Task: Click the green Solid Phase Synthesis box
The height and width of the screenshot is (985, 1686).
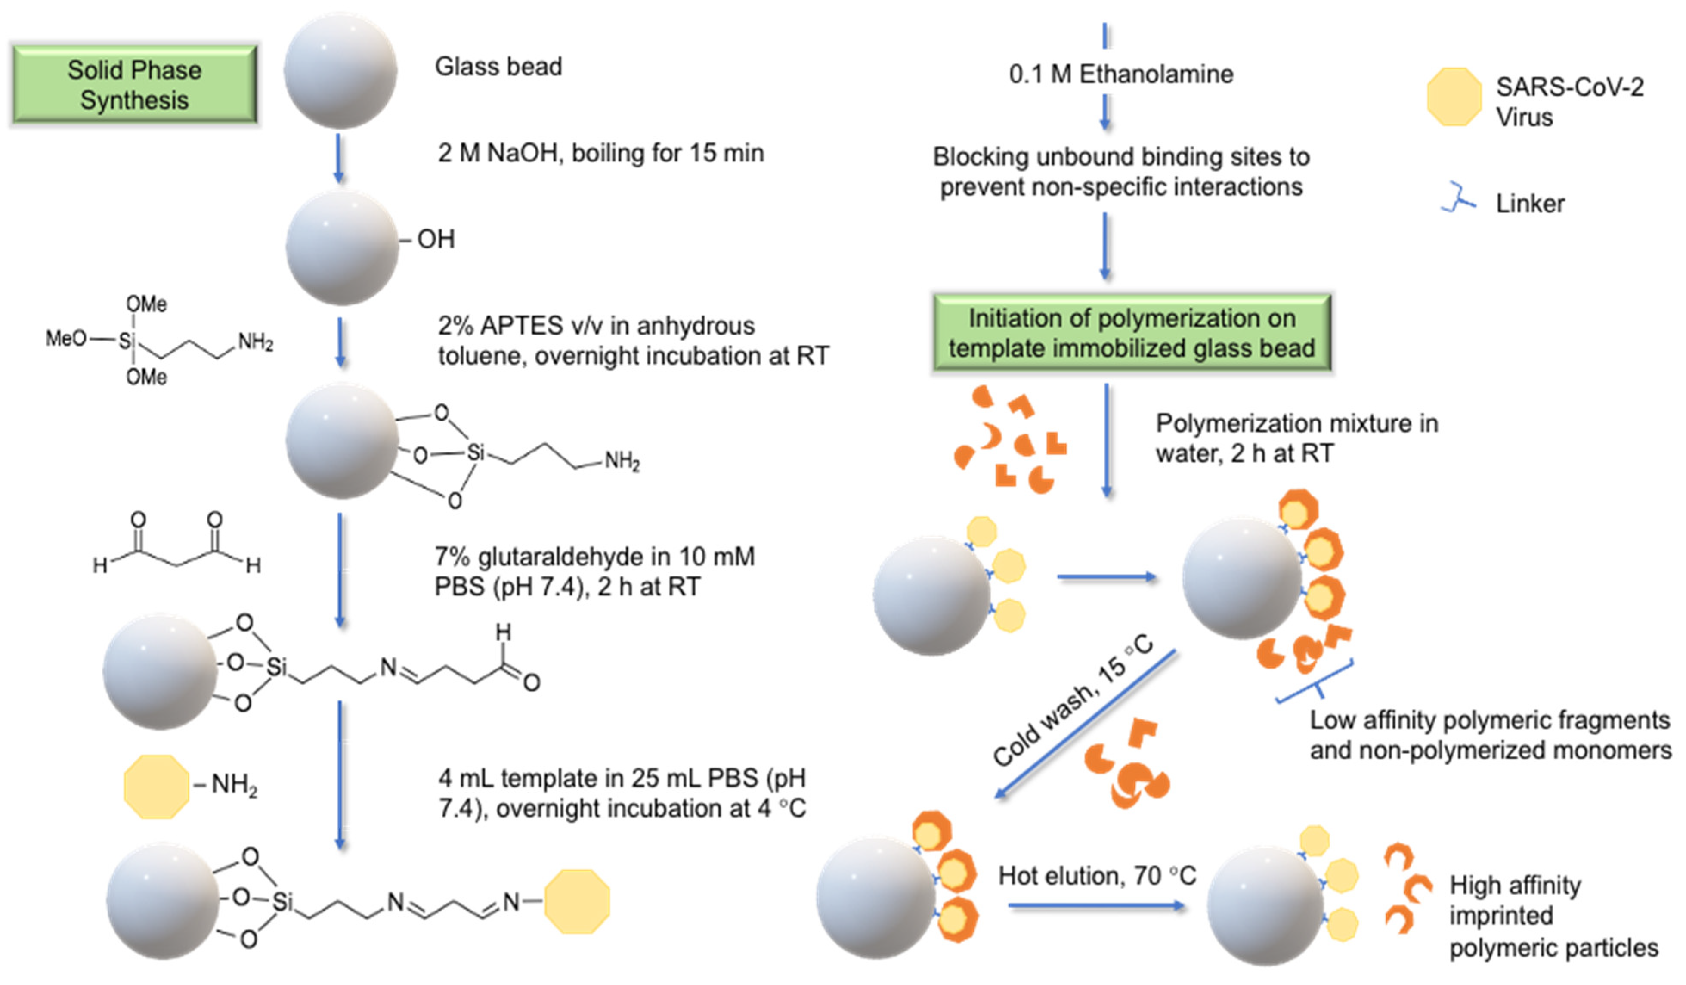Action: coord(134,84)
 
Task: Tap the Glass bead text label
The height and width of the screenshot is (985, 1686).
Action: coord(498,67)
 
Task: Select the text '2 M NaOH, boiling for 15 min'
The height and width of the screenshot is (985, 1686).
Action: coord(600,153)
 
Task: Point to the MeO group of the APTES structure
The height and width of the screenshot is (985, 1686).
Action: coord(65,338)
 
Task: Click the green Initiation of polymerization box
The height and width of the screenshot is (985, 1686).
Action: coord(1131,333)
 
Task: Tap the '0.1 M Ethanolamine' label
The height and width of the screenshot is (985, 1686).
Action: coord(1121,74)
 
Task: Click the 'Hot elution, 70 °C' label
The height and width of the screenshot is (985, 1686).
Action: coord(1097,875)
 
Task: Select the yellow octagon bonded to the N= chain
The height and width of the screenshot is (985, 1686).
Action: coord(577,901)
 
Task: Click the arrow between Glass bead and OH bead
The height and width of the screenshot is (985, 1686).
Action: coord(339,158)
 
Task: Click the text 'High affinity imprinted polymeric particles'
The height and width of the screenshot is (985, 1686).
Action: coord(1552,915)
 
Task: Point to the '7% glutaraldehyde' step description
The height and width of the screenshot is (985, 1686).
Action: coord(594,571)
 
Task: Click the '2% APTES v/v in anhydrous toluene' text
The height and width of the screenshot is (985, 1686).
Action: coord(632,341)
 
